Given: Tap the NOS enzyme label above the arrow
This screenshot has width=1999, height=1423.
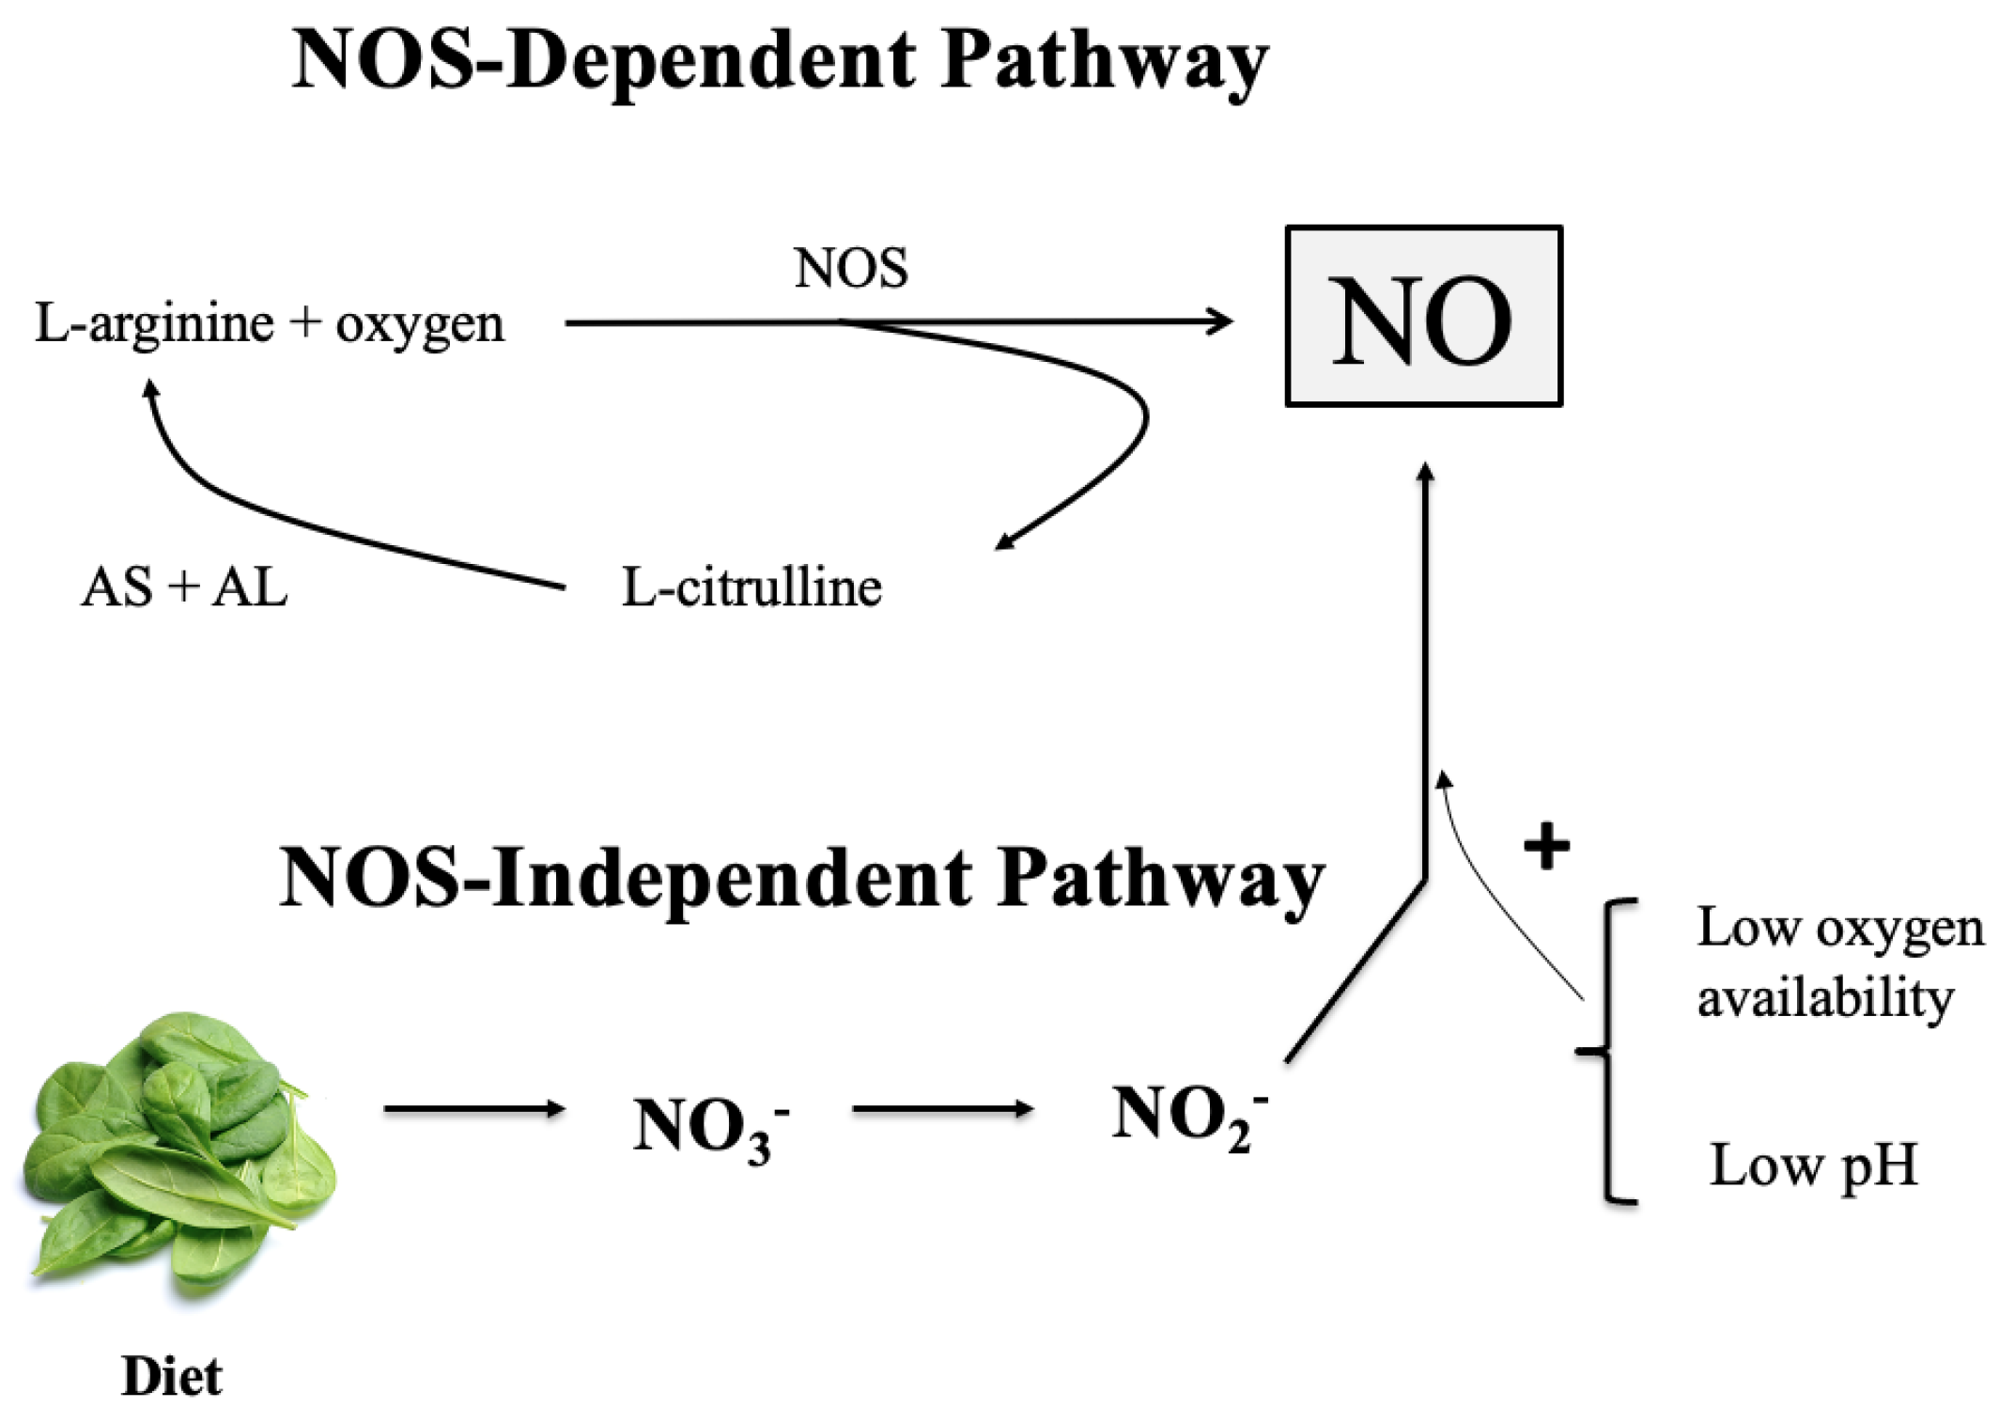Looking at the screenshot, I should (x=851, y=269).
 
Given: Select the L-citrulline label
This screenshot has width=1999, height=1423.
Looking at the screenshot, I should (x=752, y=588).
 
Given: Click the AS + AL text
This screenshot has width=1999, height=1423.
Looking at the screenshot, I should (x=184, y=588).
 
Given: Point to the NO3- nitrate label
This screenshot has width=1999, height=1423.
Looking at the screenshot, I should (x=709, y=1126).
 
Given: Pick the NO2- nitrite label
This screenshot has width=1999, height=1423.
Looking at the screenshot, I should (x=1187, y=1116).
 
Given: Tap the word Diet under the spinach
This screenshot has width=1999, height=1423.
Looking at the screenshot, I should (x=172, y=1377).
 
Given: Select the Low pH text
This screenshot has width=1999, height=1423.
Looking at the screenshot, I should (x=1812, y=1166).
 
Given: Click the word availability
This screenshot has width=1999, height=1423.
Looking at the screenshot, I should (x=1824, y=998).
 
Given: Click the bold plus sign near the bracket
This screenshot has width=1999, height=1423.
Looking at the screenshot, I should (x=1546, y=846).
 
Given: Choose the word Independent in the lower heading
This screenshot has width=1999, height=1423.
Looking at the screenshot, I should (x=732, y=879).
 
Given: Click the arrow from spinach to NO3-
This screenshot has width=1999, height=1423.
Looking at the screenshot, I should (x=474, y=1109).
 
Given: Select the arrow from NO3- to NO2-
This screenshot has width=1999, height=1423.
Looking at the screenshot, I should (x=942, y=1109).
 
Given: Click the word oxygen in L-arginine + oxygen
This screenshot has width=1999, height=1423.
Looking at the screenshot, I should (x=420, y=325).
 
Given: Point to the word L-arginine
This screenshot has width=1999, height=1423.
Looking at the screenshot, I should (x=154, y=323).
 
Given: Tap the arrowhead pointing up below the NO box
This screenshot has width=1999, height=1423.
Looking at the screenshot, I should (x=1425, y=472).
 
